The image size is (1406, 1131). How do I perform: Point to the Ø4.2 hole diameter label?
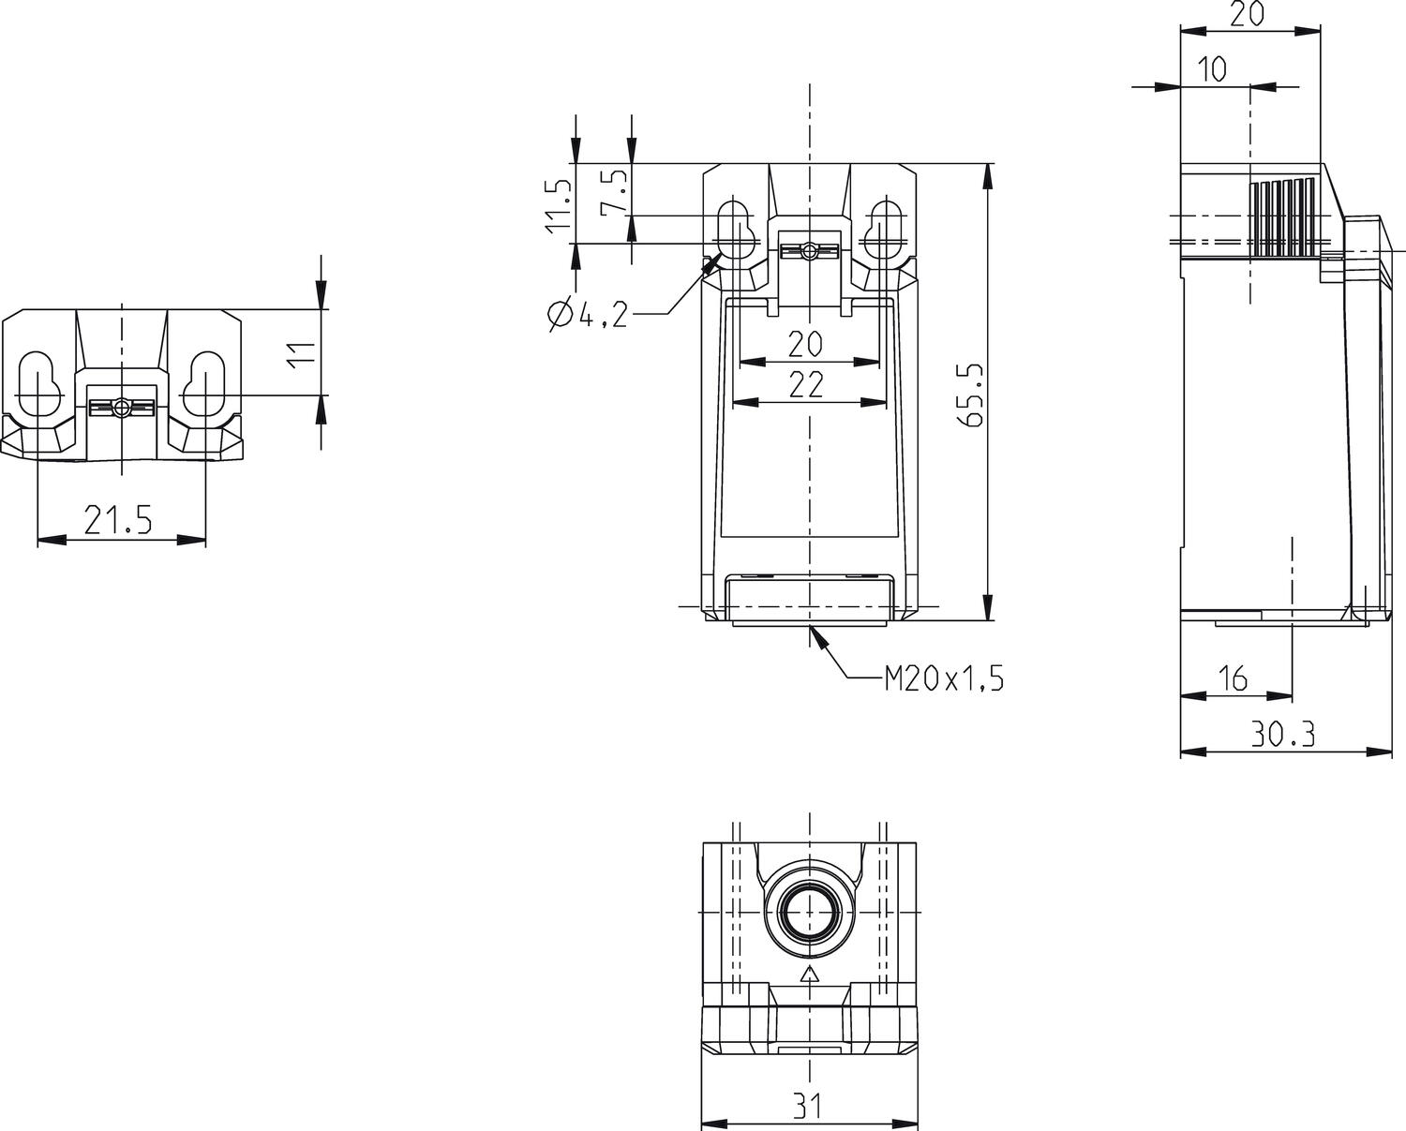[587, 315]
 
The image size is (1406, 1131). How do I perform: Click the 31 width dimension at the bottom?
[808, 1107]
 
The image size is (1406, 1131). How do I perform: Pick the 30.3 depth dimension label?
[1283, 735]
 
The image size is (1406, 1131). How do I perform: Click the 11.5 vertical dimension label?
[557, 205]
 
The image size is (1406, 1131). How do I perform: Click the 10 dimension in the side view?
[1212, 69]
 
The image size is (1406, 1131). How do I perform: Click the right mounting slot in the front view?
[883, 230]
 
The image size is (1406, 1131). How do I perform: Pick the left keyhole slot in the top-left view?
[37, 381]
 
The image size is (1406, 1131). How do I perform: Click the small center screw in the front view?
[808, 251]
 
